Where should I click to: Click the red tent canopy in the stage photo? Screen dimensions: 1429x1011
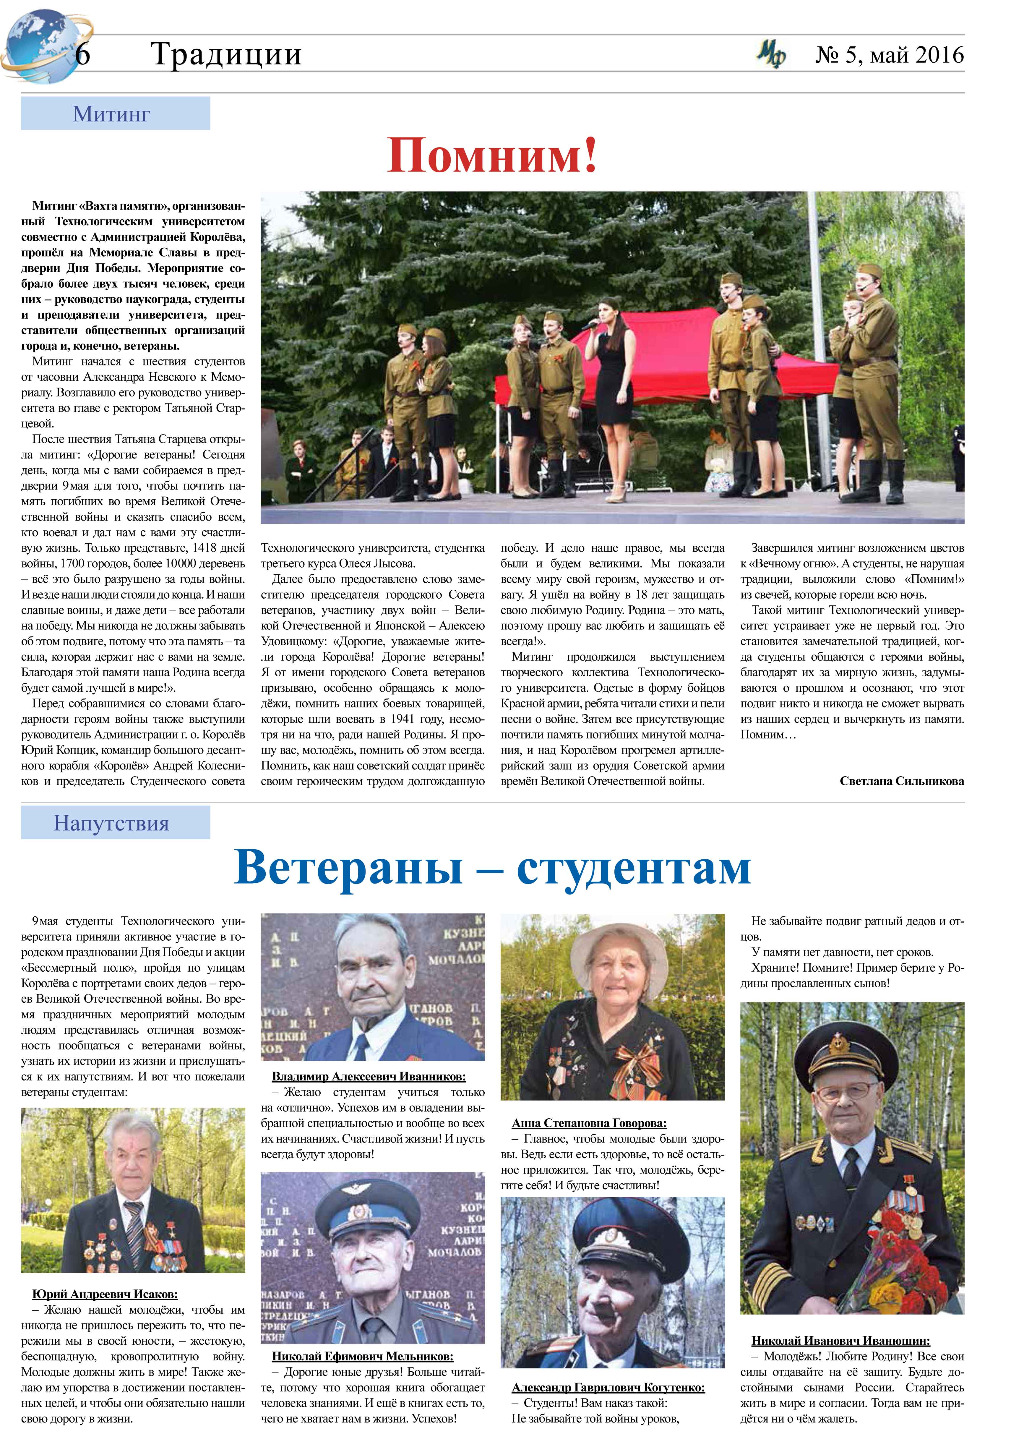tap(648, 355)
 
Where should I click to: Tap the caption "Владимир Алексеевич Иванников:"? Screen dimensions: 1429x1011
tap(369, 1077)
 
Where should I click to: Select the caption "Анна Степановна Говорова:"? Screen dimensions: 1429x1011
tap(589, 1123)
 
